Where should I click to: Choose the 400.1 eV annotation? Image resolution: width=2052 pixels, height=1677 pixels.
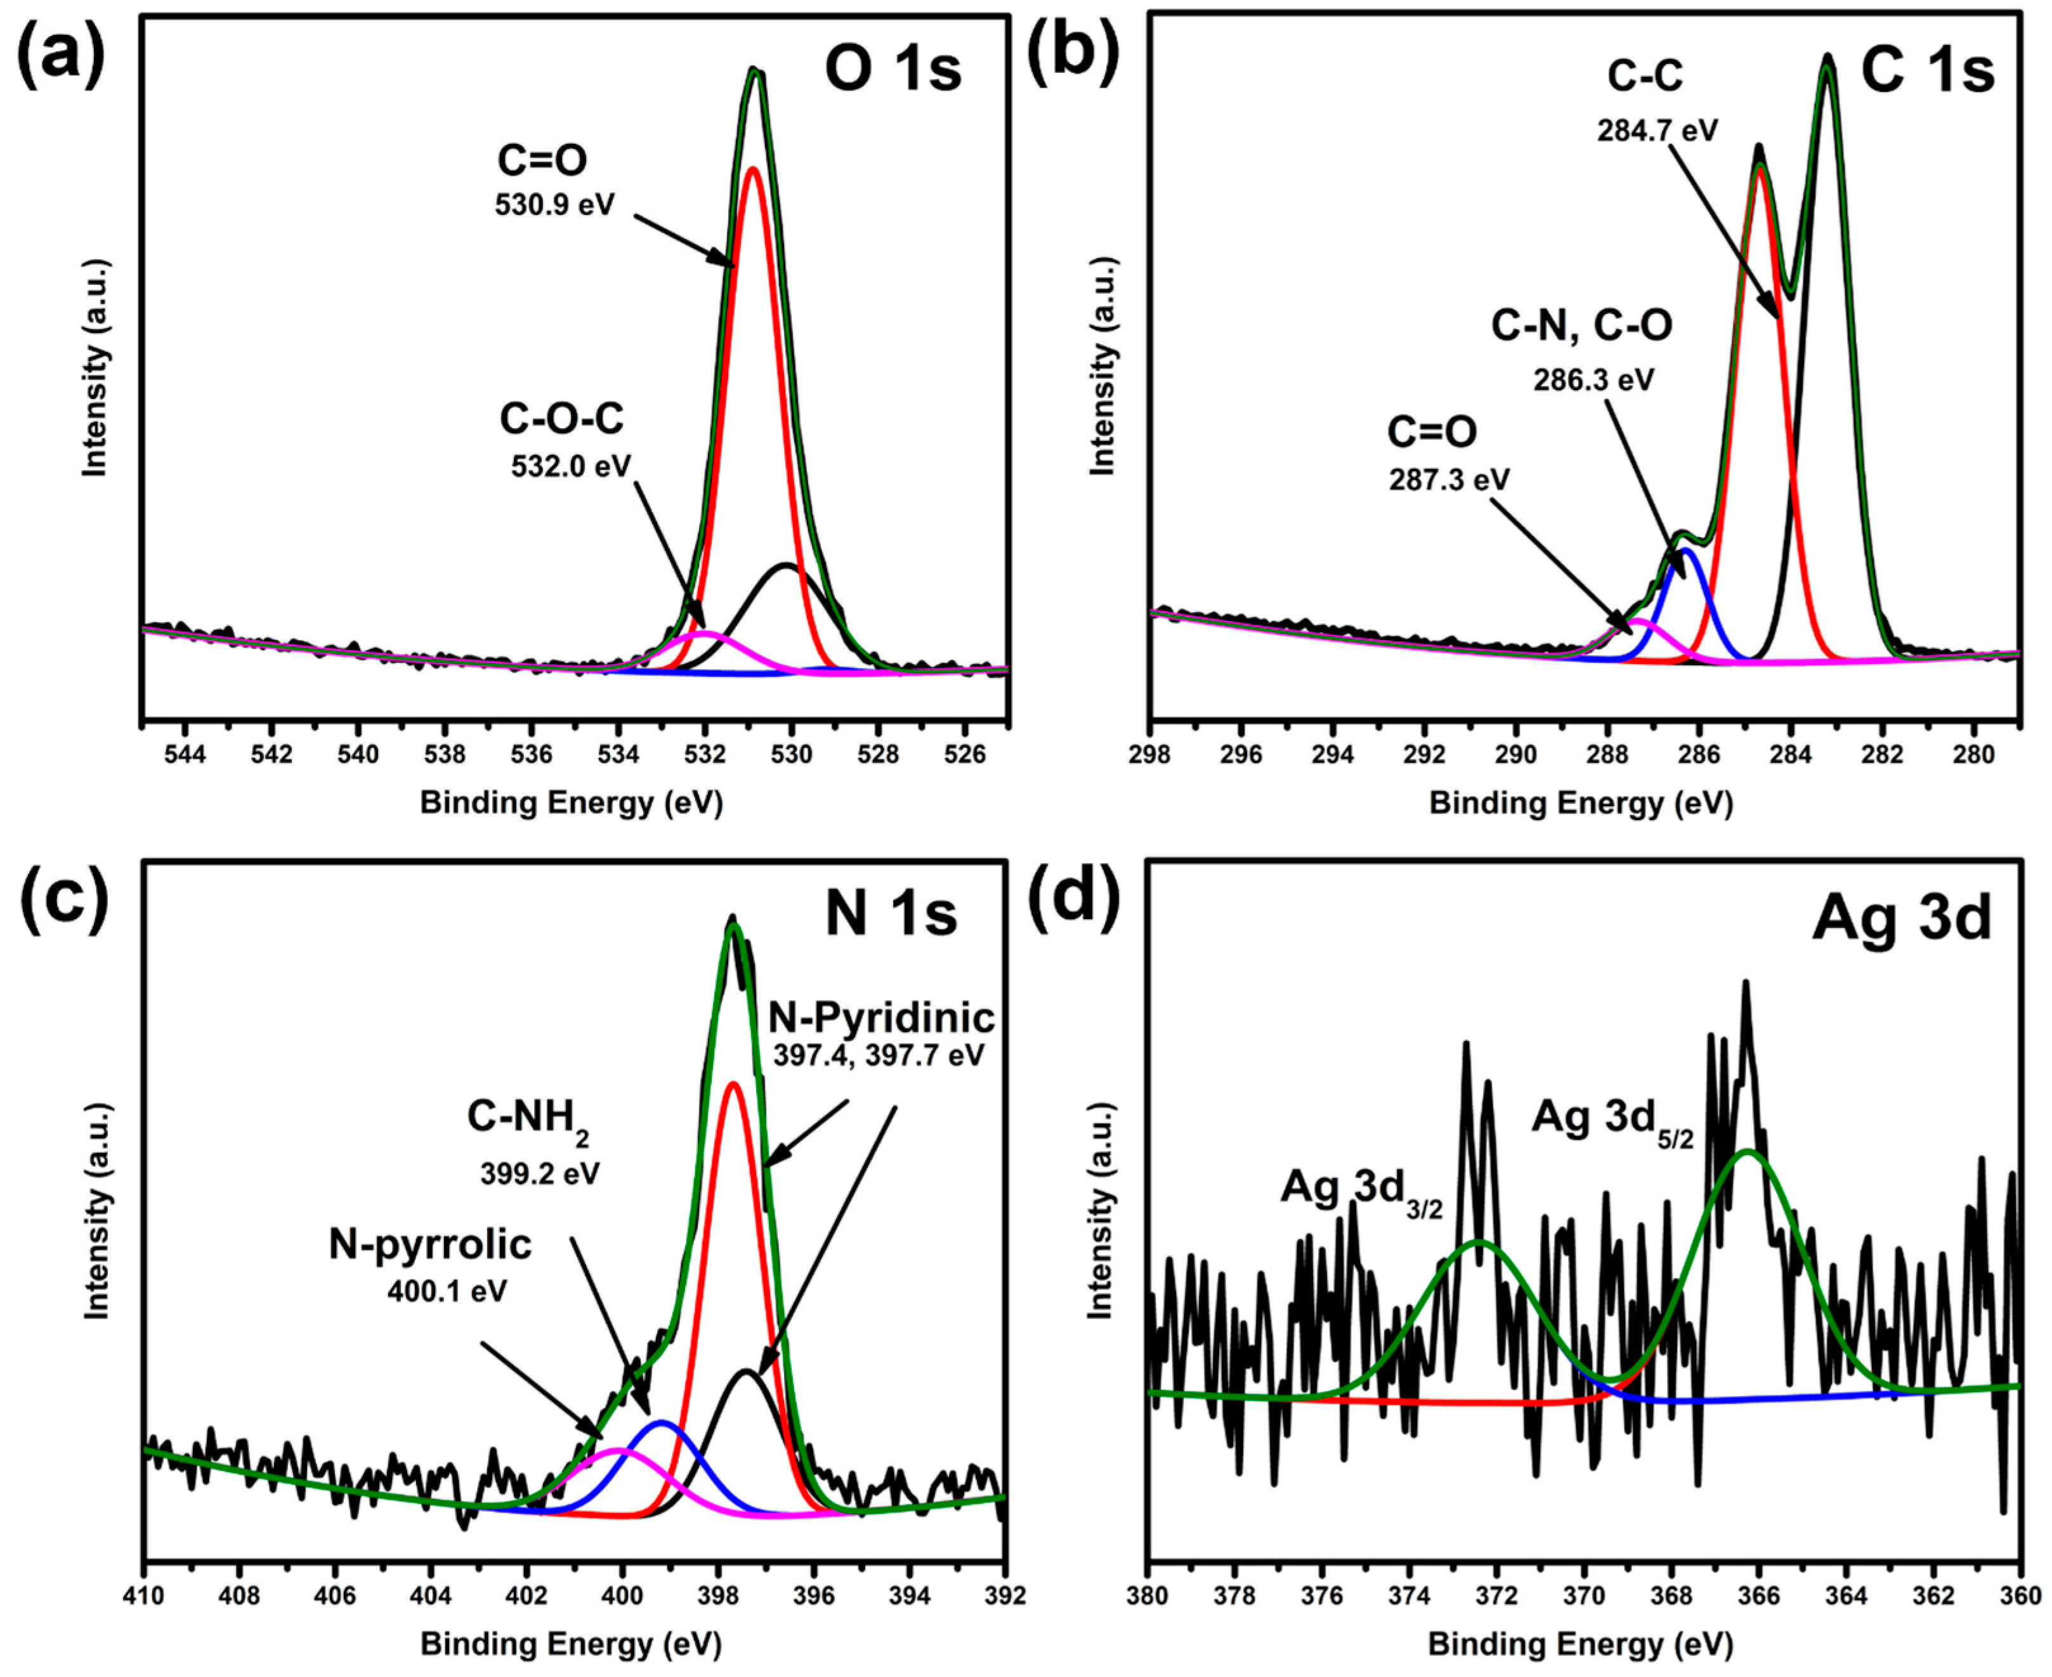pos(447,1291)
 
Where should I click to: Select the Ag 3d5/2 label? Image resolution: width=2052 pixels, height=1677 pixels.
pos(1611,1119)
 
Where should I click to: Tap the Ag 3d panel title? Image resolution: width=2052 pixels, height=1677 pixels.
pos(1901,918)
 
